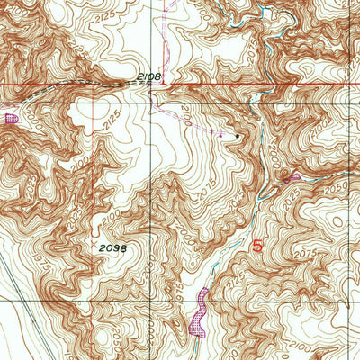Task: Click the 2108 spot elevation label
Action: pyautogui.click(x=149, y=77)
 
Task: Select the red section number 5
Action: pyautogui.click(x=257, y=246)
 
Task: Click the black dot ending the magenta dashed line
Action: pyautogui.click(x=238, y=136)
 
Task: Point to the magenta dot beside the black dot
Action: pyautogui.click(x=222, y=135)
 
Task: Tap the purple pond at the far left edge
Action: pyautogui.click(x=11, y=116)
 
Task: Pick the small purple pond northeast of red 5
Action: pyautogui.click(x=291, y=178)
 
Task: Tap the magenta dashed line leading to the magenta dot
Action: pyautogui.click(x=193, y=126)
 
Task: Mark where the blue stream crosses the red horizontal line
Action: pyautogui.click(x=261, y=85)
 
